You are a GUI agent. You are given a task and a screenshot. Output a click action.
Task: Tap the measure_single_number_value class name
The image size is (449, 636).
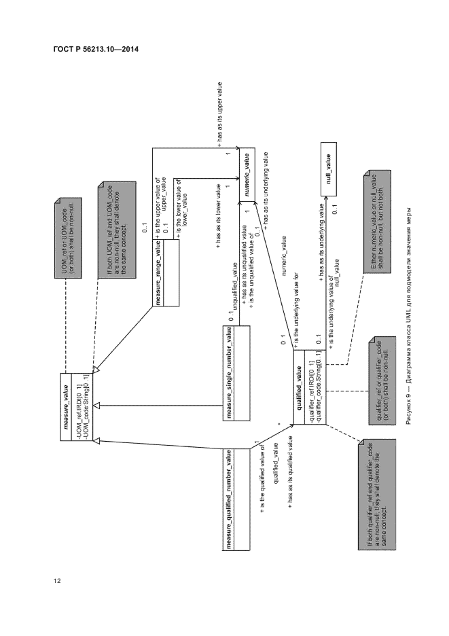pos(230,372)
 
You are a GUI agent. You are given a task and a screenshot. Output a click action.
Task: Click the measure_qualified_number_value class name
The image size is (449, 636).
pos(230,499)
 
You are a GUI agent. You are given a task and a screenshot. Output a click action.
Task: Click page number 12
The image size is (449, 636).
pos(56,580)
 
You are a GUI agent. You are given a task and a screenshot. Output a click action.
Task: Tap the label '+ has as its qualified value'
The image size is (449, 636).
pos(290,471)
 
